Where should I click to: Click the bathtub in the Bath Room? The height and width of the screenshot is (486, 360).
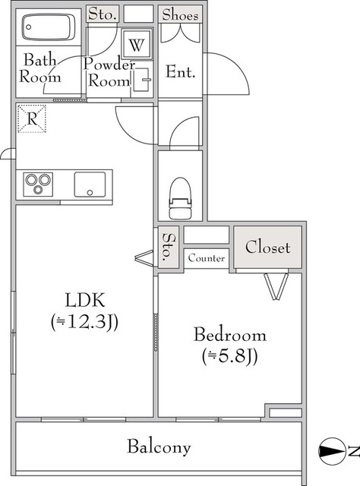pyautogui.click(x=49, y=27)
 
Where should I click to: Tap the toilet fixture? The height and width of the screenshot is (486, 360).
pyautogui.click(x=179, y=198)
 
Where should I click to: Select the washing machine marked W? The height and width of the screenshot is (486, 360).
pyautogui.click(x=137, y=44)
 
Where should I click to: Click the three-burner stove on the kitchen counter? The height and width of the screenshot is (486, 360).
pyautogui.click(x=38, y=184)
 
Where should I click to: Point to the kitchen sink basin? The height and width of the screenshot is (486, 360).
pyautogui.click(x=90, y=185)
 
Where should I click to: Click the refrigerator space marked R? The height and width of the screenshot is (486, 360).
pyautogui.click(x=32, y=118)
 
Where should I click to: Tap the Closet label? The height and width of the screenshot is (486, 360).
pyautogui.click(x=267, y=248)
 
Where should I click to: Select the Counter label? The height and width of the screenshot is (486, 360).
pyautogui.click(x=206, y=258)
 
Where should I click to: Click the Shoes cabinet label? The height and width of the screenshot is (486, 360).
pyautogui.click(x=180, y=14)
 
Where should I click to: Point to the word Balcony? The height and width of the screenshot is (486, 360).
pyautogui.click(x=159, y=447)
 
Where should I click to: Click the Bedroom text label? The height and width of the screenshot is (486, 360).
pyautogui.click(x=230, y=335)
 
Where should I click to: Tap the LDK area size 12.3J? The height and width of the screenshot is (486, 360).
pyautogui.click(x=84, y=322)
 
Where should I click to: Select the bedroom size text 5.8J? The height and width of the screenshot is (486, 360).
pyautogui.click(x=230, y=356)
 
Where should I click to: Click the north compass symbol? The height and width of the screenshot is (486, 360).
pyautogui.click(x=332, y=451)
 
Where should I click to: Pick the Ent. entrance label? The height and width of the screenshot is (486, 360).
pyautogui.click(x=181, y=72)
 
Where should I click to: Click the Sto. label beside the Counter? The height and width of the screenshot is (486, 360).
pyautogui.click(x=169, y=247)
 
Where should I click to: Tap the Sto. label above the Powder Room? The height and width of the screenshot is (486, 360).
pyautogui.click(x=103, y=14)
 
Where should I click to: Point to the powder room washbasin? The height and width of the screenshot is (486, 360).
pyautogui.click(x=142, y=80)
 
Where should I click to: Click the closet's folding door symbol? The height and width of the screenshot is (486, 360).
pyautogui.click(x=276, y=286)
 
